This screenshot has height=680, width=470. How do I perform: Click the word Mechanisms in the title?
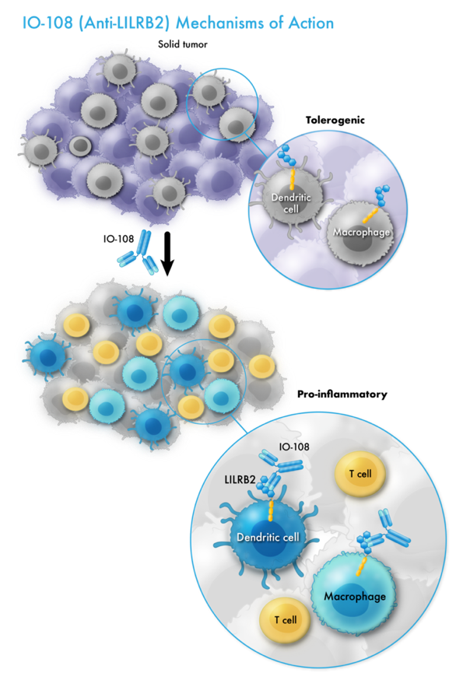pos(216,23)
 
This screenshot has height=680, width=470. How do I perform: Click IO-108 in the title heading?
pos(42,23)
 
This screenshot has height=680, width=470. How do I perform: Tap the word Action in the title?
pos(309,23)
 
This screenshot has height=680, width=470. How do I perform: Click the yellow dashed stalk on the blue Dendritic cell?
pos(269,510)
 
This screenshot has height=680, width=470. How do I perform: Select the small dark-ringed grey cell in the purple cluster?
pos(79,145)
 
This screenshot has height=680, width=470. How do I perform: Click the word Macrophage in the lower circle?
pos(358,598)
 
